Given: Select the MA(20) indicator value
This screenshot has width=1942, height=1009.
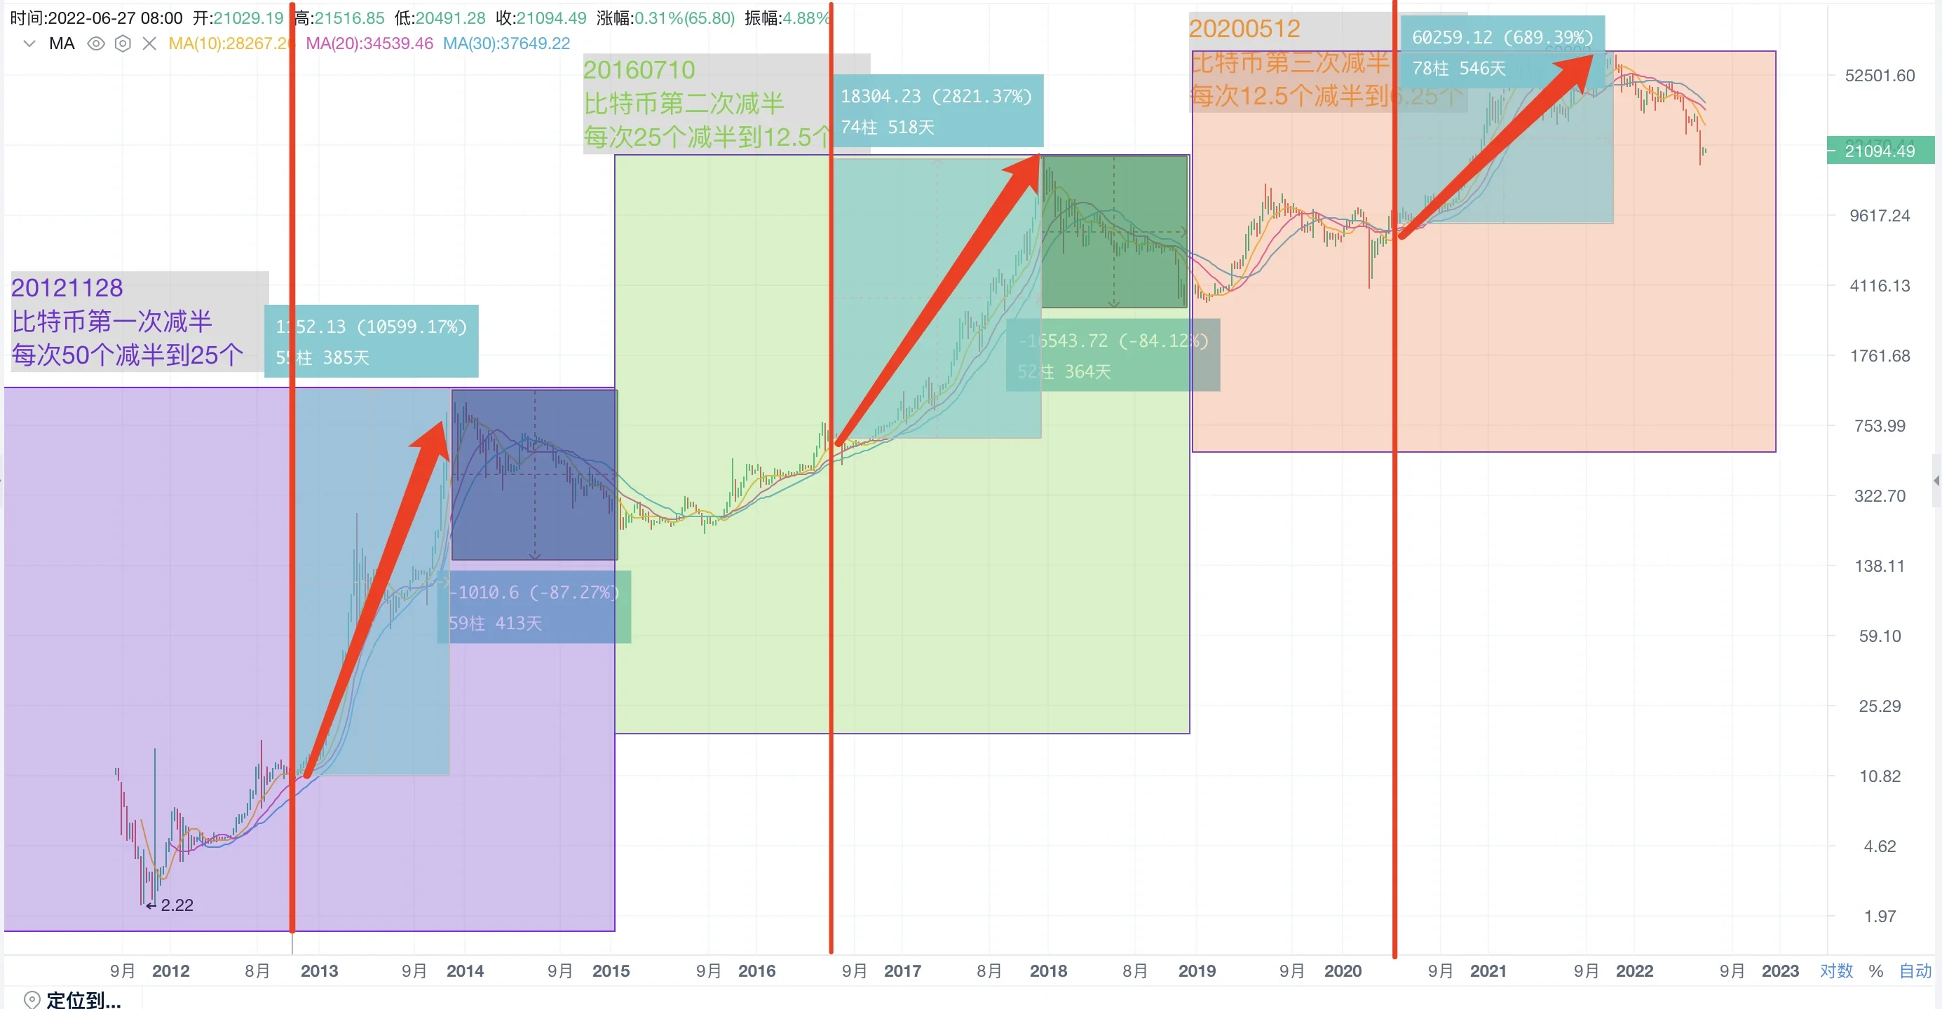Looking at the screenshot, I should (369, 43).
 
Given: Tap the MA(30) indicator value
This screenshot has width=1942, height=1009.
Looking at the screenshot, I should (506, 43).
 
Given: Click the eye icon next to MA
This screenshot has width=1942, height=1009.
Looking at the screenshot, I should (96, 43).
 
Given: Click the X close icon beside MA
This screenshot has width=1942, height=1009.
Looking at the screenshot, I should (149, 43).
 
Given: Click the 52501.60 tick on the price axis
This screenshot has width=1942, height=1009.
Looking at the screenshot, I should (1879, 76).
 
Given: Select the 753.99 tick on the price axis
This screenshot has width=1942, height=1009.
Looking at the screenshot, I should (1879, 426).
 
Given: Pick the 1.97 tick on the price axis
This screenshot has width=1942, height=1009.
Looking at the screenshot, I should (1879, 917).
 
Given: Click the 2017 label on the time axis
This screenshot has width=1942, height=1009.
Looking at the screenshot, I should (902, 970).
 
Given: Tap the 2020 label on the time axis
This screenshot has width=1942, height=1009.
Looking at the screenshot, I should (1342, 970).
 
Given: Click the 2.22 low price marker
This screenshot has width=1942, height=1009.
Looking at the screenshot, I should (177, 905).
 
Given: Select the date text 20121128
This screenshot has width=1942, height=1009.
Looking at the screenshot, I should (67, 288).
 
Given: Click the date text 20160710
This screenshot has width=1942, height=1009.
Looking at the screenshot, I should (639, 70).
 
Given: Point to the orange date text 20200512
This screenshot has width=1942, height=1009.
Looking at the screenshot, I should (1244, 29).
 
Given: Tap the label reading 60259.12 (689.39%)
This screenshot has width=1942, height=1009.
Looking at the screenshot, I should (1502, 37).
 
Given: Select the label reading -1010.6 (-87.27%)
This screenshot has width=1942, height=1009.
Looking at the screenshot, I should (534, 592).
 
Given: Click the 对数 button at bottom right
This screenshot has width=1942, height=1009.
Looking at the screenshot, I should (1835, 970).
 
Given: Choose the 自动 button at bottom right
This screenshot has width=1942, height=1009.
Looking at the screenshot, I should (1915, 970).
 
